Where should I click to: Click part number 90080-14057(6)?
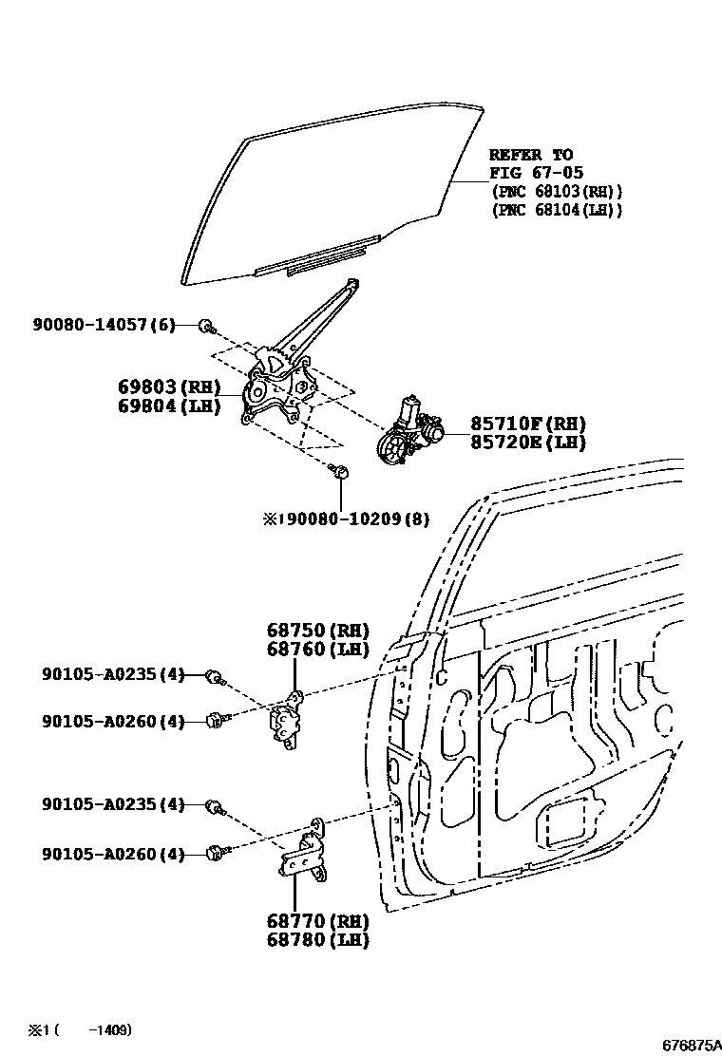pos(97,326)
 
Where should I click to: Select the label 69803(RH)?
pos(169,387)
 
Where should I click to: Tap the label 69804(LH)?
pos(169,406)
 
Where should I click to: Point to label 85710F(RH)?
pos(527,424)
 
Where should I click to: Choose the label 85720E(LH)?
pos(527,443)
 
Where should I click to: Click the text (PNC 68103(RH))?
pos(557,191)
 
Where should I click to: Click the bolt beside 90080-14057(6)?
pos(206,327)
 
